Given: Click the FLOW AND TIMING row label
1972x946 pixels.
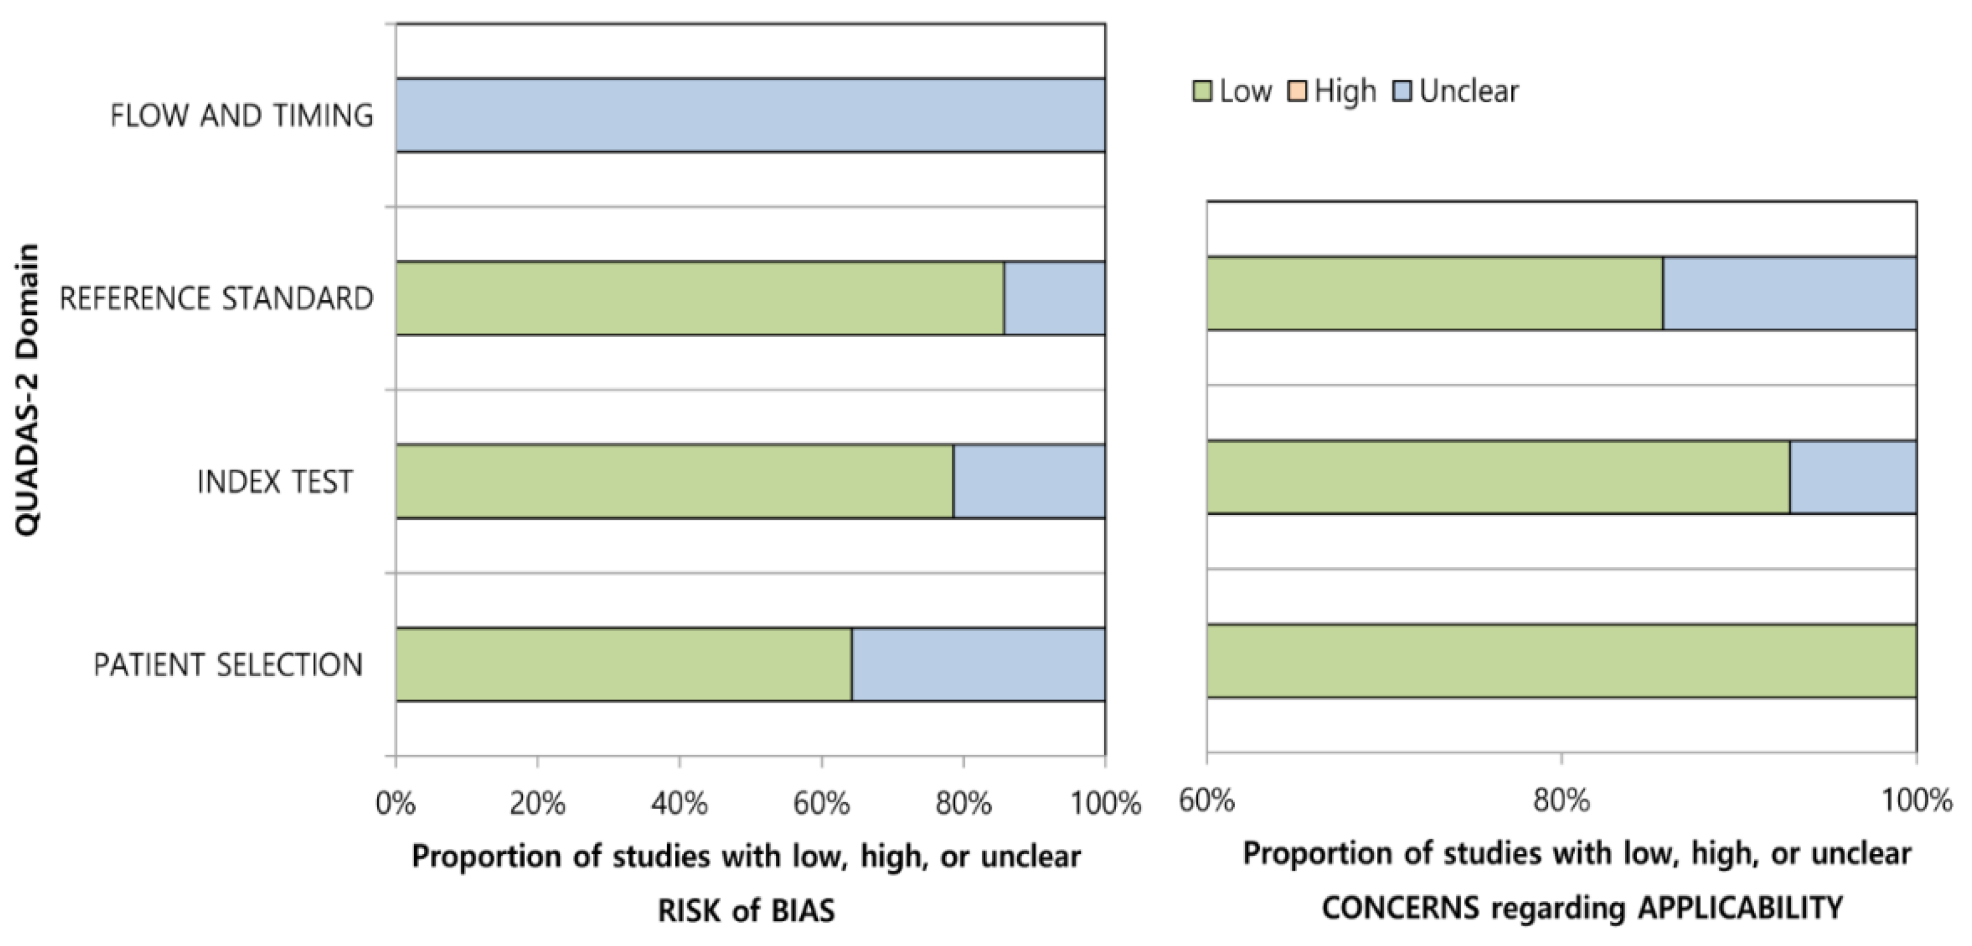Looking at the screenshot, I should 242,115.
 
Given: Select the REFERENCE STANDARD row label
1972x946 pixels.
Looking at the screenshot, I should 217,298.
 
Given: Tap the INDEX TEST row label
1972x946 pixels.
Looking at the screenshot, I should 275,482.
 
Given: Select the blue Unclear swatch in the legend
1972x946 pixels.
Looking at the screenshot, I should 1402,92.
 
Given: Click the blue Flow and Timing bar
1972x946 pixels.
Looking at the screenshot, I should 750,115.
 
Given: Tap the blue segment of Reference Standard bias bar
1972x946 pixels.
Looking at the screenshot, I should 1054,298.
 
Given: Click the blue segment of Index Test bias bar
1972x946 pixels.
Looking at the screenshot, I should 1029,481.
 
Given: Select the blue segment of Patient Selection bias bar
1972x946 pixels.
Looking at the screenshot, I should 978,664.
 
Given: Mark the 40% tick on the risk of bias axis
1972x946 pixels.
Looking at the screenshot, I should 679,803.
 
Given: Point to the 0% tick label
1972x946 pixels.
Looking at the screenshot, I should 396,803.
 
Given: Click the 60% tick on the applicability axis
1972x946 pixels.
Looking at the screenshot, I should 1207,800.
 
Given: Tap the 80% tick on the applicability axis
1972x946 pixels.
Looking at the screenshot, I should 1561,800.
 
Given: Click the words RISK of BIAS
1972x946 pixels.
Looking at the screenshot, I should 746,911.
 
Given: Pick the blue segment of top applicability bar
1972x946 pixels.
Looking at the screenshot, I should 1789,293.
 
